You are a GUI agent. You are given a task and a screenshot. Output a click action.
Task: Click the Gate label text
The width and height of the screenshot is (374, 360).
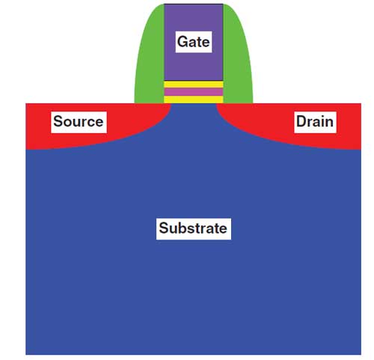193,42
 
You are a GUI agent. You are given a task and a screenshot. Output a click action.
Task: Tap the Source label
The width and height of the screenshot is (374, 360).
79,121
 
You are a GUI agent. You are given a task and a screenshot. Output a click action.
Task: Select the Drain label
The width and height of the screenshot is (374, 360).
315,121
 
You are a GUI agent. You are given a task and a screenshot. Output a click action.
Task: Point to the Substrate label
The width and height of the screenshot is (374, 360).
193,228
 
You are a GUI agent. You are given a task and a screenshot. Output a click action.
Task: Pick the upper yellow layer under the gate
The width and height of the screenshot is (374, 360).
193,85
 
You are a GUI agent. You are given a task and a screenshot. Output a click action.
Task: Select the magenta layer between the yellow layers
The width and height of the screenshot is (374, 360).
193,92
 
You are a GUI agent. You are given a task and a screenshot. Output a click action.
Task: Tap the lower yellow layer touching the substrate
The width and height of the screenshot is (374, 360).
193,100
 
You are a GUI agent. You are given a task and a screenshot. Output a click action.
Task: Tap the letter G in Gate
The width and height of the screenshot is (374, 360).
183,42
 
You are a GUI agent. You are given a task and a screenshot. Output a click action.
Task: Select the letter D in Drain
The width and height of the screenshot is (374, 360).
301,121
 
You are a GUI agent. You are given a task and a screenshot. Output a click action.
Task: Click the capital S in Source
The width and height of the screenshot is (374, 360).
58,121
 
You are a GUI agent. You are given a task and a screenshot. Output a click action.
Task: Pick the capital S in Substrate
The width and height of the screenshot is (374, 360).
164,228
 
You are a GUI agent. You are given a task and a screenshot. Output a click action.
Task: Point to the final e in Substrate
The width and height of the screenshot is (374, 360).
223,230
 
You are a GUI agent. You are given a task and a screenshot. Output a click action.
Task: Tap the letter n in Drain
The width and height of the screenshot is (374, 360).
329,123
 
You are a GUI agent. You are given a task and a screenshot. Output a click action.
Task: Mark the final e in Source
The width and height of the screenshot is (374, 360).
99,123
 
